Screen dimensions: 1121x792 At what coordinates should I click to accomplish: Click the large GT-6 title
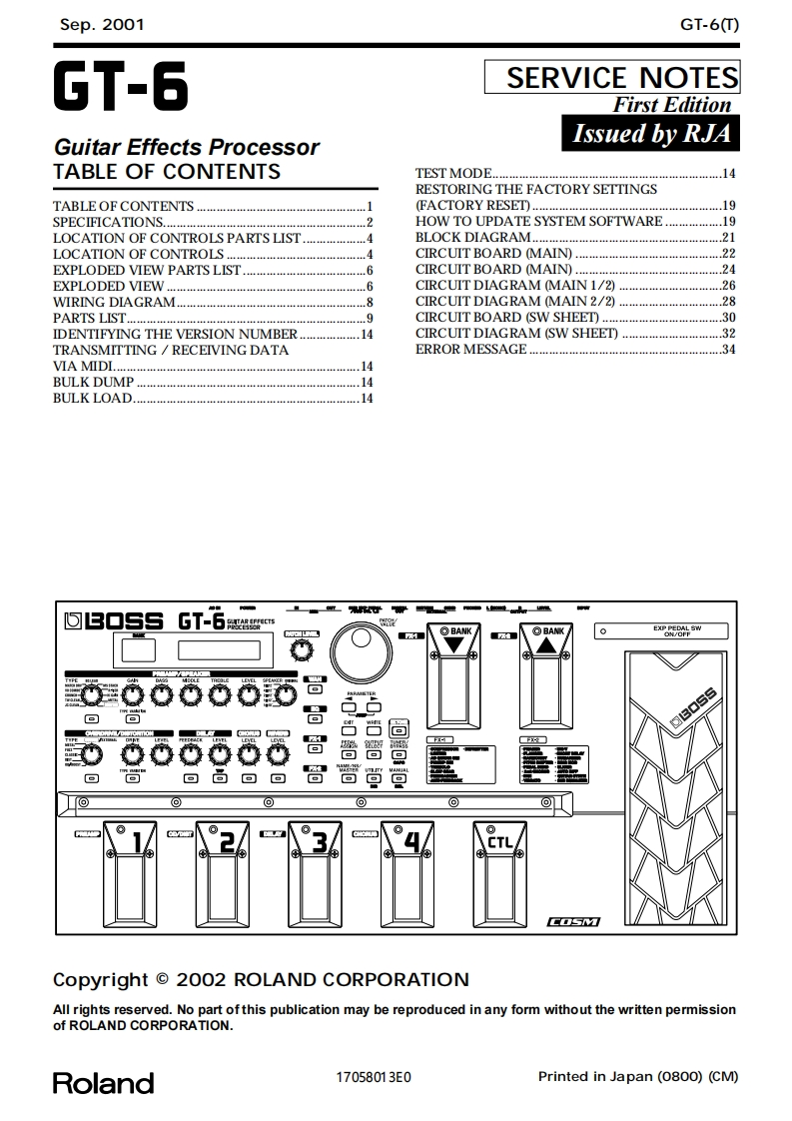121,89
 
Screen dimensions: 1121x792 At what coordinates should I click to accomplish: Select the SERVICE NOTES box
612,78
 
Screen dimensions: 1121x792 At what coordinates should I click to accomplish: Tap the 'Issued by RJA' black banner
651,133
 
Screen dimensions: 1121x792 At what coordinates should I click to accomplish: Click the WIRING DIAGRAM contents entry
114,302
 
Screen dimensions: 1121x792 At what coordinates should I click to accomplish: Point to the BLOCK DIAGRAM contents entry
473,238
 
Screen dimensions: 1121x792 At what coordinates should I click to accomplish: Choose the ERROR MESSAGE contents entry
470,350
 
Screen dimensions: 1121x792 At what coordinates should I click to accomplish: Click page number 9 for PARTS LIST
369,318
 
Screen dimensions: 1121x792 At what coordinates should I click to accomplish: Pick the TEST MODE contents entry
454,174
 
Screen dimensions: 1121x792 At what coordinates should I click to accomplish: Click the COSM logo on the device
574,921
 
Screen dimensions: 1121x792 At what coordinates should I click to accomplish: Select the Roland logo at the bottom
103,1083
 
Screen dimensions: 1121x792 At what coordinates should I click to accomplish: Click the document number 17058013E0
374,1077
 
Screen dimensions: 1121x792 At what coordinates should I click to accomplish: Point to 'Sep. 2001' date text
102,25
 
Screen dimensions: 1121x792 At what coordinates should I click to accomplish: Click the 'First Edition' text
672,105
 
